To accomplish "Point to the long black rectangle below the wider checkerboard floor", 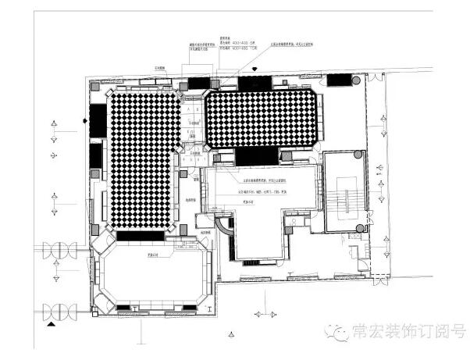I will (256, 156).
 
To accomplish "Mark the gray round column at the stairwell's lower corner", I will (359, 229).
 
